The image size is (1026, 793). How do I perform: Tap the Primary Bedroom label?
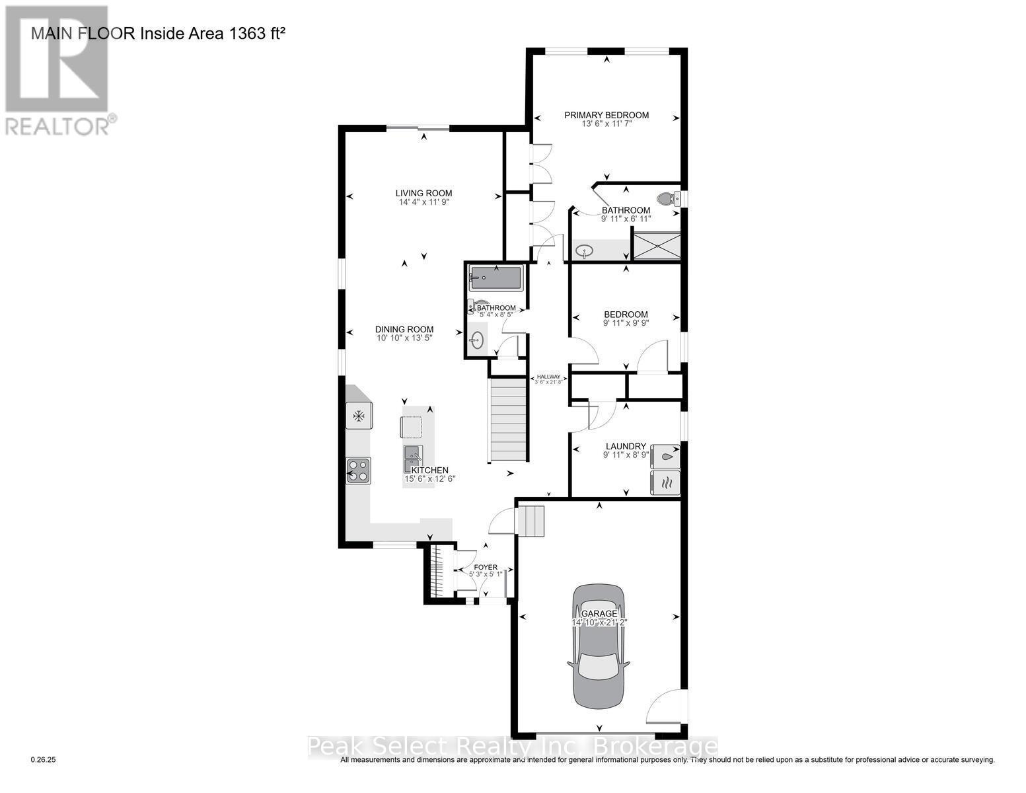coord(606,115)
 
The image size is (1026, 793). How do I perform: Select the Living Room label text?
coord(423,194)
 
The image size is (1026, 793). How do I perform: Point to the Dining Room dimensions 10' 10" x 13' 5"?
coord(404,338)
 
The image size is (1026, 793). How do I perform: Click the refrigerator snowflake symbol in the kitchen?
coord(359,416)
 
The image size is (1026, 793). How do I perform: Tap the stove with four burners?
coord(359,470)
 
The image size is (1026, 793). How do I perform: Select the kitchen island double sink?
coord(413,454)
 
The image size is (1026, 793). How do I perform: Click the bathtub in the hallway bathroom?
coord(495,278)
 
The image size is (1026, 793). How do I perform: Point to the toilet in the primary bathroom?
coord(668,199)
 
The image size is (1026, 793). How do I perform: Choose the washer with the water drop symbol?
coord(665,456)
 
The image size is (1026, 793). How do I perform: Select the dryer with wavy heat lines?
coord(665,482)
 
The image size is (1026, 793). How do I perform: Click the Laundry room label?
coord(625,447)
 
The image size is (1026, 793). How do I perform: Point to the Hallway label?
coord(548,376)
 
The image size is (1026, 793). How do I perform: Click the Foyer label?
coord(486,567)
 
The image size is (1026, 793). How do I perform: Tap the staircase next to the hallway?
coord(509,420)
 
